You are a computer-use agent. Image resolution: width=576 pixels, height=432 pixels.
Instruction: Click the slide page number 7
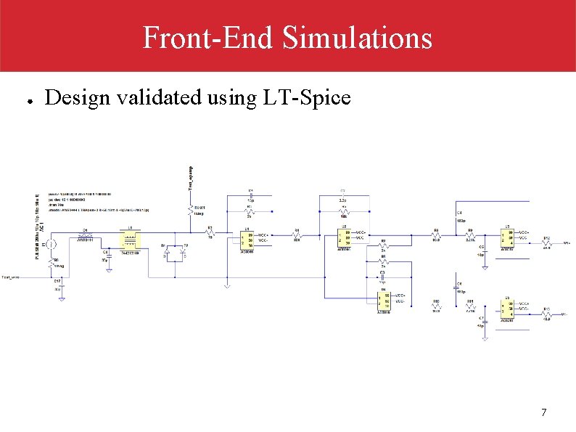click(x=544, y=413)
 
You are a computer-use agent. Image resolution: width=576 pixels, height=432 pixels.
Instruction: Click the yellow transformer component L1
click(x=130, y=241)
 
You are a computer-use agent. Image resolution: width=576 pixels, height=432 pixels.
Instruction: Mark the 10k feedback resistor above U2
click(x=343, y=211)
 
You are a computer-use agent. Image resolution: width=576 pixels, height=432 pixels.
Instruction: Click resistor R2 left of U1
click(x=210, y=234)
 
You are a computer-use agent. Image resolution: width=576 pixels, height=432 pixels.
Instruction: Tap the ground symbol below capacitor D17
click(x=61, y=297)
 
